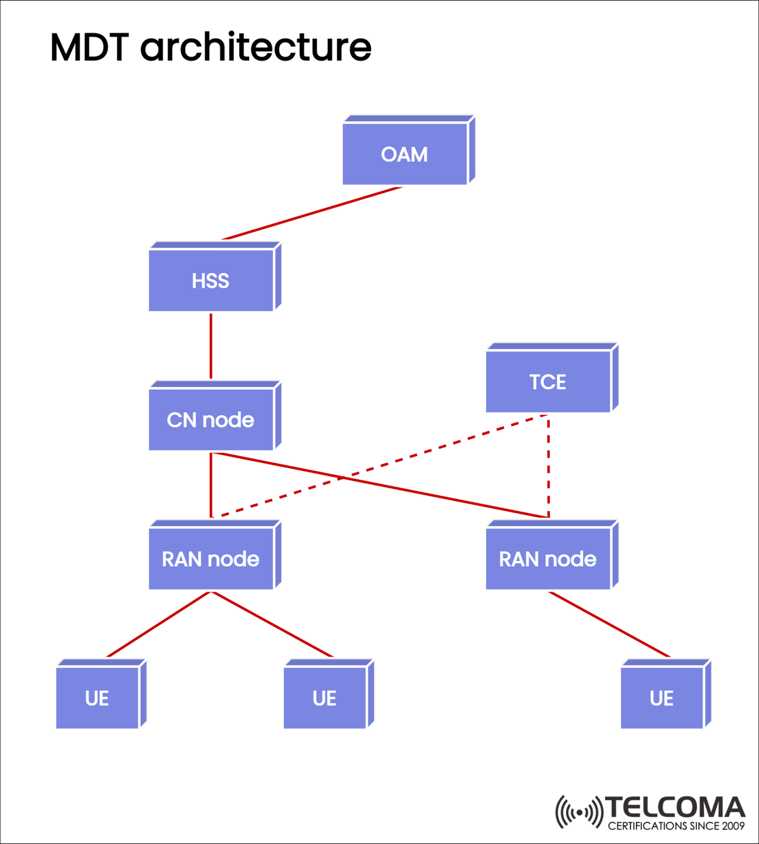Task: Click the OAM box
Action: (405, 154)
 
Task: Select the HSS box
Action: (211, 280)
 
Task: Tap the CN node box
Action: (211, 420)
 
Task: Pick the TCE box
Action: (548, 382)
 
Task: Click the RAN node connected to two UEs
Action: (211, 559)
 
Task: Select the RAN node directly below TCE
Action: (548, 559)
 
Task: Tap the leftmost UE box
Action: (97, 698)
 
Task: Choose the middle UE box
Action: (325, 698)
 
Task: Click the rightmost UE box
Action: (662, 698)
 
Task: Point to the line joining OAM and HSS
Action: (312, 213)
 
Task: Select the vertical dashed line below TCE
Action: (548, 466)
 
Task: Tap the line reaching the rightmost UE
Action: (609, 624)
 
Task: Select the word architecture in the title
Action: (256, 47)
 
